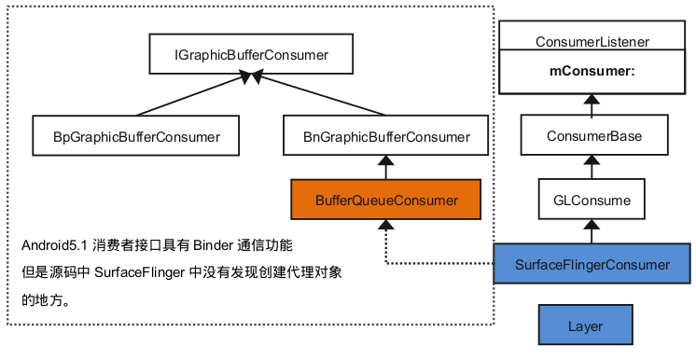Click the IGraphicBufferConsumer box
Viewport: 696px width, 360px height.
point(251,56)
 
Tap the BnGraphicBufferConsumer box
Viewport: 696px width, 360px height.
point(386,136)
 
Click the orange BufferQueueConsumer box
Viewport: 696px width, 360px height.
point(386,200)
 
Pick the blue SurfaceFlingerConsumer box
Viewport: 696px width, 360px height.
point(592,264)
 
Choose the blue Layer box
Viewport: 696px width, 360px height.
point(585,326)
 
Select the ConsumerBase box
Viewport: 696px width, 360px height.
point(593,136)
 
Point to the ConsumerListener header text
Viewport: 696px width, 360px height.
point(592,42)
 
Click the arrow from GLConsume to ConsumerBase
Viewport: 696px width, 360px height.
point(592,168)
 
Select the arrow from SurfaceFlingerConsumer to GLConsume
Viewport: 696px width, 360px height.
point(592,231)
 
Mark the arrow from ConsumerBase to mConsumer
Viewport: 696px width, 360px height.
point(592,104)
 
